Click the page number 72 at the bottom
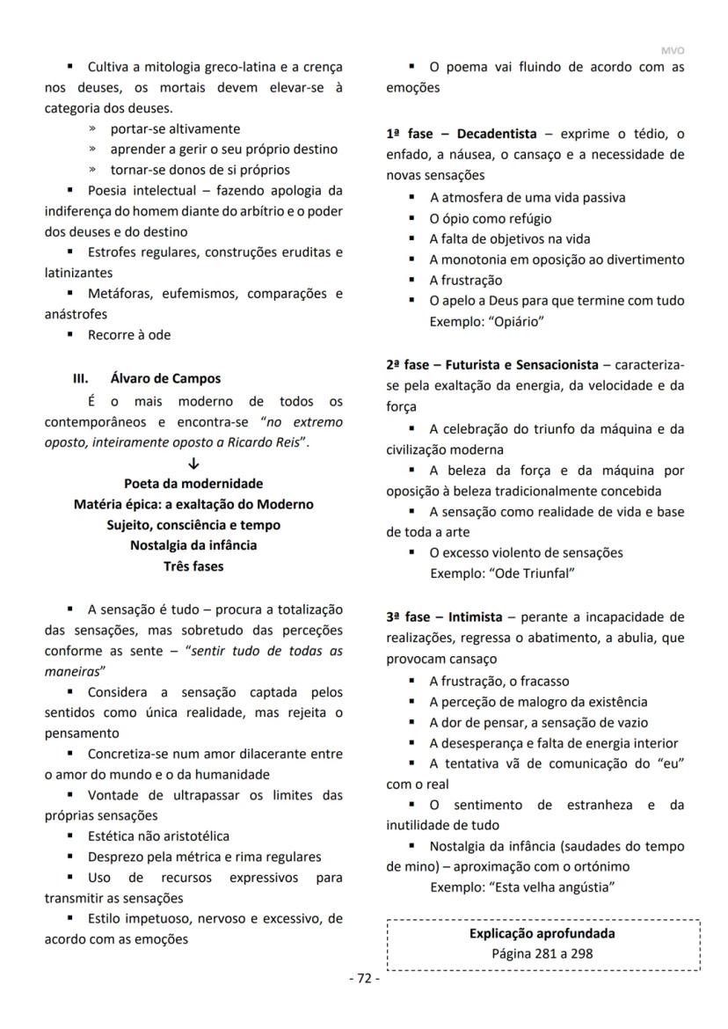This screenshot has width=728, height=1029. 364,980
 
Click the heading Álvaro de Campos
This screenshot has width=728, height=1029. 165,379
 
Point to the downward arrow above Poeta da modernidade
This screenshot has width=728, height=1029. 193,463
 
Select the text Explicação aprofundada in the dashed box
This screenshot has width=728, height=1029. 542,934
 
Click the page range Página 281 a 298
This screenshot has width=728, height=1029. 542,953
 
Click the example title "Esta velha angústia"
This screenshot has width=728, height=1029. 551,887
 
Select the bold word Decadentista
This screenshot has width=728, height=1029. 496,135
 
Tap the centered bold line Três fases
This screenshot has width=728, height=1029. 193,566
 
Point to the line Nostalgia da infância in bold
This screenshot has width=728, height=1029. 193,545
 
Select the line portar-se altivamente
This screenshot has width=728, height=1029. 174,129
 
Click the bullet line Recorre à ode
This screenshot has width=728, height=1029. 129,335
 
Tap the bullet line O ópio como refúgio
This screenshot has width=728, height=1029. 490,218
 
